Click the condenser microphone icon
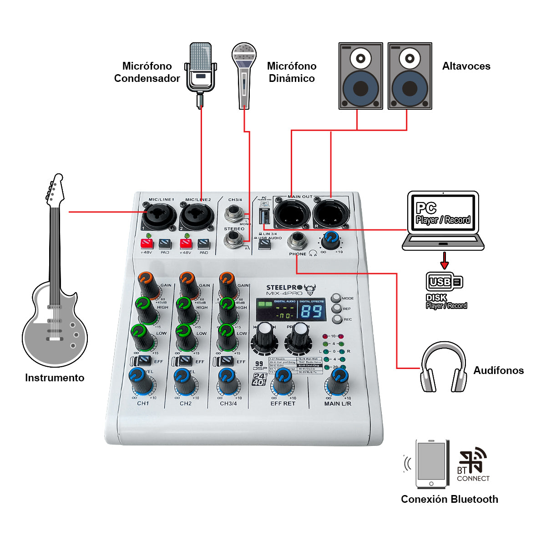201,68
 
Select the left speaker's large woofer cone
360,88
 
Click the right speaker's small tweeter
409,58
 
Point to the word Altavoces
466,66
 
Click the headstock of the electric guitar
56,189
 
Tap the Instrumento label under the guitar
55,378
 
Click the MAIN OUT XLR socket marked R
330,213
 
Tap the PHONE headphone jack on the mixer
297,240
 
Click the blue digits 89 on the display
312,312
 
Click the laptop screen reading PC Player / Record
443,214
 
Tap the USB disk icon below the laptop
444,282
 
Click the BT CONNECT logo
473,465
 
